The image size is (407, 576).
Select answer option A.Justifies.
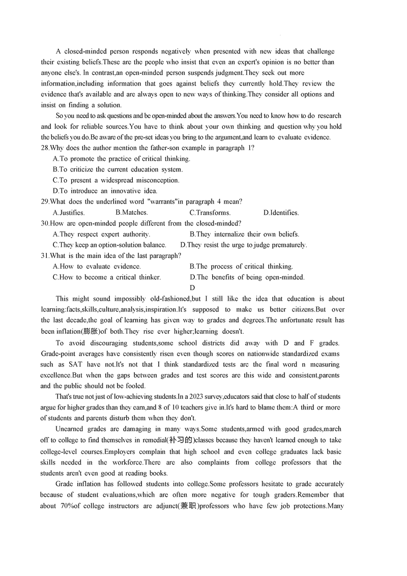[x=69, y=213]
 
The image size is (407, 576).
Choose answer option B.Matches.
[x=131, y=213]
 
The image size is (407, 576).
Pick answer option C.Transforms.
[x=210, y=213]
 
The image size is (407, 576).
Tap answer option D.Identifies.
[x=281, y=213]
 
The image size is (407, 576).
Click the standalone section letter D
[x=192, y=288]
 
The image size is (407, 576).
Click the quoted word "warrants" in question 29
[x=161, y=201]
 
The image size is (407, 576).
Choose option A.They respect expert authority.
[x=101, y=234]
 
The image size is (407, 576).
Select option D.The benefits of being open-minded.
[x=247, y=277]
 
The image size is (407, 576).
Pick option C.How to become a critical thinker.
[x=107, y=277]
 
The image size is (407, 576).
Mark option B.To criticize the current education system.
[x=118, y=169]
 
